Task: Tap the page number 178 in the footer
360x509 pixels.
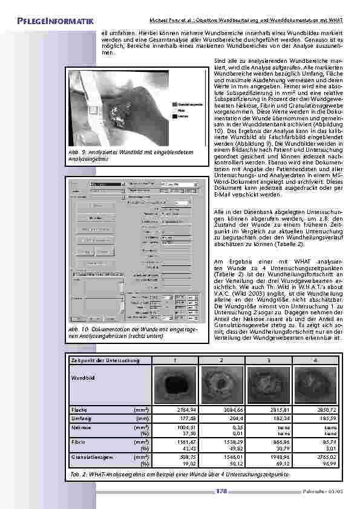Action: point(221,491)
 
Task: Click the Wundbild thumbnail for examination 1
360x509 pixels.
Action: point(175,384)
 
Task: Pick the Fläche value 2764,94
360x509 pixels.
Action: point(175,409)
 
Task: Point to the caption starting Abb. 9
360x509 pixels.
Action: point(130,155)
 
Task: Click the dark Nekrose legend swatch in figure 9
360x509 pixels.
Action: point(174,115)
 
